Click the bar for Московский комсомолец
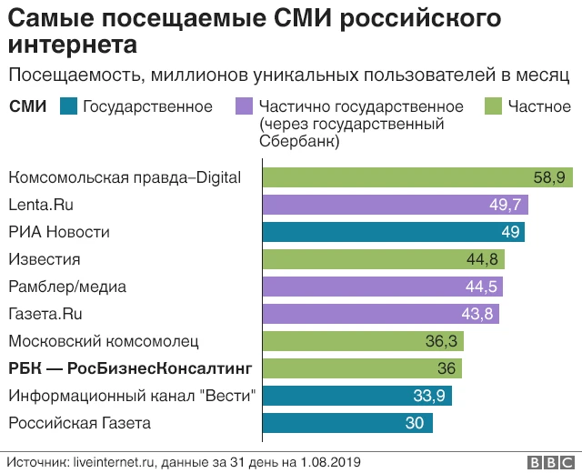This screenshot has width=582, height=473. pos(364,341)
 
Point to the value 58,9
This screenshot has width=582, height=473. pos(549,177)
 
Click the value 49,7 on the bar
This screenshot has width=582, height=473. pos(506,205)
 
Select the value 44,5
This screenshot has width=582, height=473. pos(480,287)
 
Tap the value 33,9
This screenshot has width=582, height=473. pos(429,396)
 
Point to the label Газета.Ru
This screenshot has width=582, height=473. pos(46,314)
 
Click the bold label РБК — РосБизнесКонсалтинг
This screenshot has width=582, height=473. pos(129,368)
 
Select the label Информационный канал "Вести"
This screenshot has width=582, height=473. pos(132,396)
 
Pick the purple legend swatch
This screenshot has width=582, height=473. pos(243,106)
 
